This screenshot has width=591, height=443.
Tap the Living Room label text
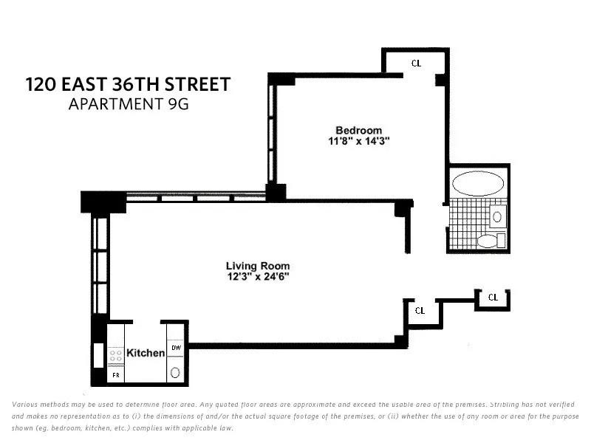258,266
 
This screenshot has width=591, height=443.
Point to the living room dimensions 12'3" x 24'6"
258,277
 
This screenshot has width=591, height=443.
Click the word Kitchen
146,353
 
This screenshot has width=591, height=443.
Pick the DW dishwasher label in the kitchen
176,348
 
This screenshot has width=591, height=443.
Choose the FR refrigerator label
115,376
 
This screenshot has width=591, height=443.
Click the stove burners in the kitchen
116,355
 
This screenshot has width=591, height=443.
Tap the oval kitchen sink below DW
176,373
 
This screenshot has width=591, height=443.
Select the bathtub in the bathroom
476,183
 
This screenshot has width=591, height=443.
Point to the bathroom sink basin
496,217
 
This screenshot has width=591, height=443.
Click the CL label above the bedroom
416,63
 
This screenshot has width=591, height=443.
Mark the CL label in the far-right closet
493,298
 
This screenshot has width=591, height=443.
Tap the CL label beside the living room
420,310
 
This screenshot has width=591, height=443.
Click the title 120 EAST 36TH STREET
128,84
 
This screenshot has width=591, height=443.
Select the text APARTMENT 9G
129,104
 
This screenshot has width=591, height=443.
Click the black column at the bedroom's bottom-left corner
276,192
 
